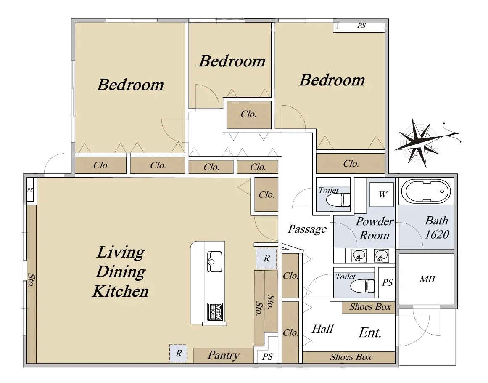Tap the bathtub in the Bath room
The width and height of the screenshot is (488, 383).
pyautogui.click(x=426, y=191)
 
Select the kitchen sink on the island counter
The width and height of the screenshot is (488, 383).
pyautogui.click(x=215, y=261)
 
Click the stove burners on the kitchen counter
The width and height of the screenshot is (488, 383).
pyautogui.click(x=215, y=312)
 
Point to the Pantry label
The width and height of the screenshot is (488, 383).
pyautogui.click(x=224, y=355)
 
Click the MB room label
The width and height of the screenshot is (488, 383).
pyautogui.click(x=427, y=279)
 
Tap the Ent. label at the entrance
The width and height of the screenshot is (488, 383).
pyautogui.click(x=370, y=332)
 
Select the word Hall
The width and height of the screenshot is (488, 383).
pyautogui.click(x=322, y=329)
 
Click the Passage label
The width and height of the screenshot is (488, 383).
pyautogui.click(x=307, y=229)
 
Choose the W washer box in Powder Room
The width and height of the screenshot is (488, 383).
pyautogui.click(x=382, y=194)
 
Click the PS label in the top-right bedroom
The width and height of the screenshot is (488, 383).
pyautogui.click(x=361, y=26)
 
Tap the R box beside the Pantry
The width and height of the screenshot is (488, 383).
pyautogui.click(x=178, y=354)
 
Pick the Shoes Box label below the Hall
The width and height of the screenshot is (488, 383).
pyautogui.click(x=351, y=357)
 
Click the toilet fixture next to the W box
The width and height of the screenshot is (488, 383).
pyautogui.click(x=339, y=199)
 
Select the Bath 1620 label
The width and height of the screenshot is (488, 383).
pyautogui.click(x=437, y=228)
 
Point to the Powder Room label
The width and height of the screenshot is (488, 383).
pyautogui.click(x=375, y=228)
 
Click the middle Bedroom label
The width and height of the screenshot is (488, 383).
pyautogui.click(x=232, y=61)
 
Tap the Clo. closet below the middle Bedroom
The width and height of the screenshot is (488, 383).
pyautogui.click(x=249, y=114)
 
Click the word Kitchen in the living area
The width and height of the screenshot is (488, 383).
pyautogui.click(x=121, y=291)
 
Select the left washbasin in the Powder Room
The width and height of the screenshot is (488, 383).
pyautogui.click(x=359, y=256)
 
